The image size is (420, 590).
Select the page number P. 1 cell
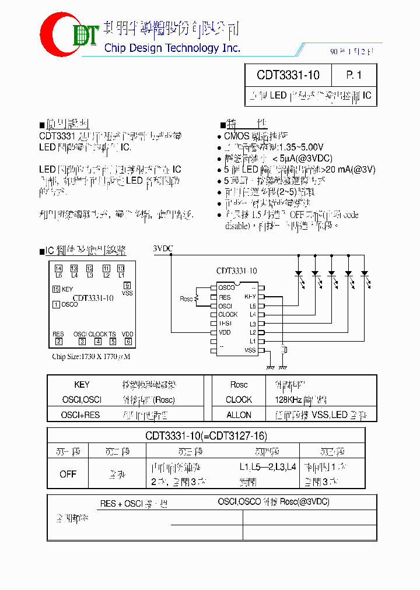pyautogui.click(x=353, y=75)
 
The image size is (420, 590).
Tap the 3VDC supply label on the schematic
pyautogui.click(x=163, y=249)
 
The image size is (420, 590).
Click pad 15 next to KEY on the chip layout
pyautogui.click(x=56, y=289)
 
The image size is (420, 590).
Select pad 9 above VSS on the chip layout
pyautogui.click(x=127, y=285)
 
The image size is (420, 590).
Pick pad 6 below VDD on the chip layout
pyautogui.click(x=128, y=342)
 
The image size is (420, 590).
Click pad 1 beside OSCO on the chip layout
pyautogui.click(x=56, y=304)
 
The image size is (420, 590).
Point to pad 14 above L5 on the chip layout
pyautogui.click(x=58, y=268)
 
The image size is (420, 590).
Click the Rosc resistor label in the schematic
pyautogui.click(x=186, y=299)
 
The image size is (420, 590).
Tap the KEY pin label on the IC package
pyautogui.click(x=250, y=297)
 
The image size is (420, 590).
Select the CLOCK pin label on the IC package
pyautogui.click(x=228, y=315)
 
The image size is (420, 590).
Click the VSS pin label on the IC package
pyautogui.click(x=250, y=350)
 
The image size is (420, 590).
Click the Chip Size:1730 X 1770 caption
pyautogui.click(x=90, y=357)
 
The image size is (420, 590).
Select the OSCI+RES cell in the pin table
pyautogui.click(x=80, y=415)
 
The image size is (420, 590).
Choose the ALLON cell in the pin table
pyautogui.click(x=239, y=415)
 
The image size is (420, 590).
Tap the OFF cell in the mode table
pyautogui.click(x=68, y=474)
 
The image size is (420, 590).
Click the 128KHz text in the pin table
pyautogui.click(x=288, y=400)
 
